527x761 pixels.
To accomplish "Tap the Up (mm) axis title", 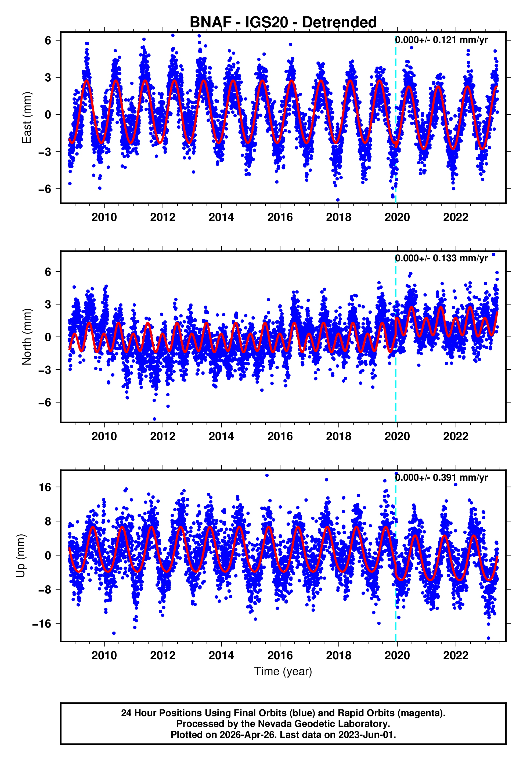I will coord(20,556).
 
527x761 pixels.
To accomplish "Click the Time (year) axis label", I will coord(283,671).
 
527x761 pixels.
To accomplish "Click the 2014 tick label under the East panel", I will coord(221,217).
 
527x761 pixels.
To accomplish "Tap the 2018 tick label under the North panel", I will coord(338,436).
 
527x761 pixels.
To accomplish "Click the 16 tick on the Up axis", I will coord(45,487).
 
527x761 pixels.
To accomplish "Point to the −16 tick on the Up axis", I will coord(42,624).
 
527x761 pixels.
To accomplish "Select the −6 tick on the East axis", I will coord(45,189).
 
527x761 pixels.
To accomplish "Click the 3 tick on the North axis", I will coord(49,304).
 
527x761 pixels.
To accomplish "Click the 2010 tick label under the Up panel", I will coord(104,655).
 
